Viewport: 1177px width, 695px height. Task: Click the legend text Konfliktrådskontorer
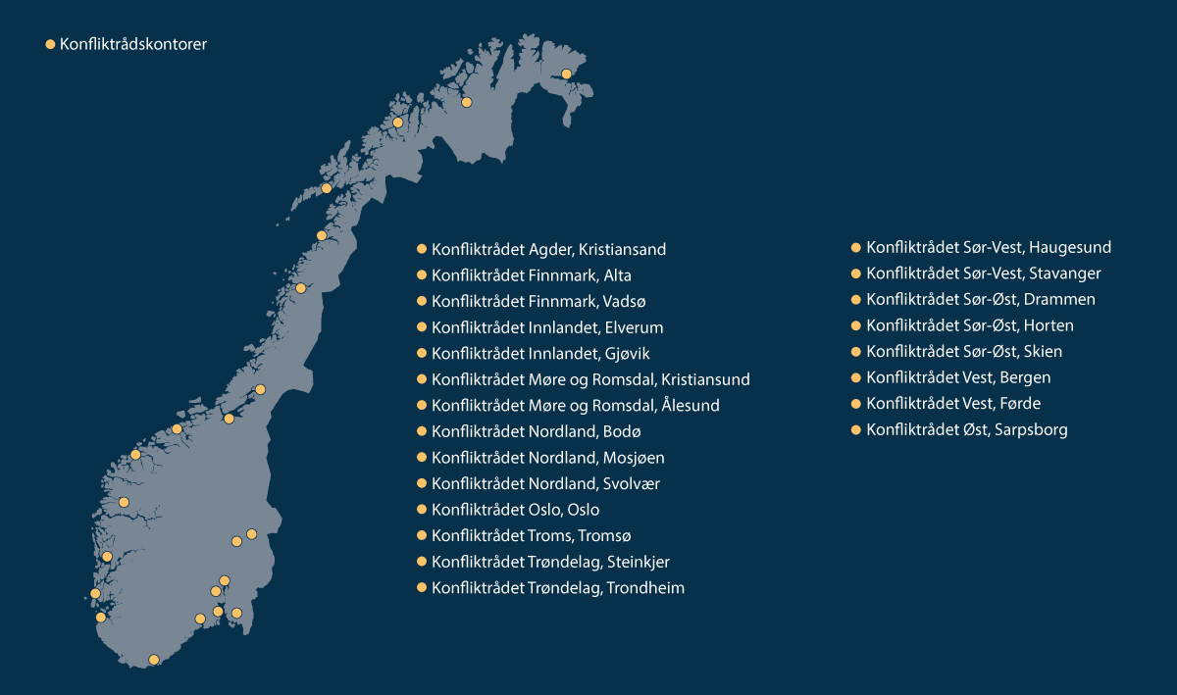[132, 44]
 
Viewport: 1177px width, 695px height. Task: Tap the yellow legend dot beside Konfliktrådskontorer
[51, 44]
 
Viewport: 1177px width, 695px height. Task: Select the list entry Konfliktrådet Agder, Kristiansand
[548, 250]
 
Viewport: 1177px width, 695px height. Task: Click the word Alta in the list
[618, 275]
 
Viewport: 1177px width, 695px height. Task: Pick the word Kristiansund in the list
[705, 379]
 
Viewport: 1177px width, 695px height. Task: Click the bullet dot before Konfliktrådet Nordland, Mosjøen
[423, 458]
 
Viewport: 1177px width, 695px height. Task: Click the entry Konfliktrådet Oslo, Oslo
[515, 510]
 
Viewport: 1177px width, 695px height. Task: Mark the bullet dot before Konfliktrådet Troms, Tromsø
[423, 535]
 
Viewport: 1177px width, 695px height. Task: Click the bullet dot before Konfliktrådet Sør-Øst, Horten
[855, 325]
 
